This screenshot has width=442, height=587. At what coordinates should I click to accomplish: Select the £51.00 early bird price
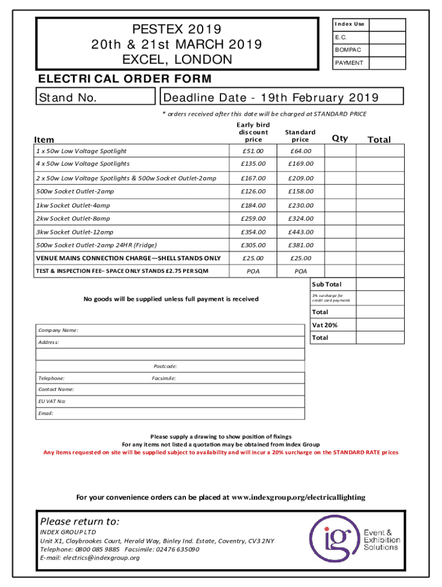253,151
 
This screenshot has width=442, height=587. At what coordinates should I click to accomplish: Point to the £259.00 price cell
253,218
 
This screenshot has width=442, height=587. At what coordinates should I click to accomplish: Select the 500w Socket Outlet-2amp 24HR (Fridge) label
96,245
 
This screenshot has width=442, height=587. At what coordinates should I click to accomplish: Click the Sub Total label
326,284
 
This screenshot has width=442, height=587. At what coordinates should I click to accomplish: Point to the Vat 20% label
324,325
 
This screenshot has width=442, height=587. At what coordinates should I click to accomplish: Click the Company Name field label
58,330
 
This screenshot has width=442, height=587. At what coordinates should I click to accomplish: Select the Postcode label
165,366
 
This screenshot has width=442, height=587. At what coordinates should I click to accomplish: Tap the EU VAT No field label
52,401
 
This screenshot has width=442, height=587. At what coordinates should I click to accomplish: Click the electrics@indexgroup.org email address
90,557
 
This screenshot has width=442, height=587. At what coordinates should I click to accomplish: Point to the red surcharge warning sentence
221,452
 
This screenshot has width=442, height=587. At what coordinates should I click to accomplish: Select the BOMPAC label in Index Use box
348,50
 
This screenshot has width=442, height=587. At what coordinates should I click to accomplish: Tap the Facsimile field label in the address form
164,378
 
